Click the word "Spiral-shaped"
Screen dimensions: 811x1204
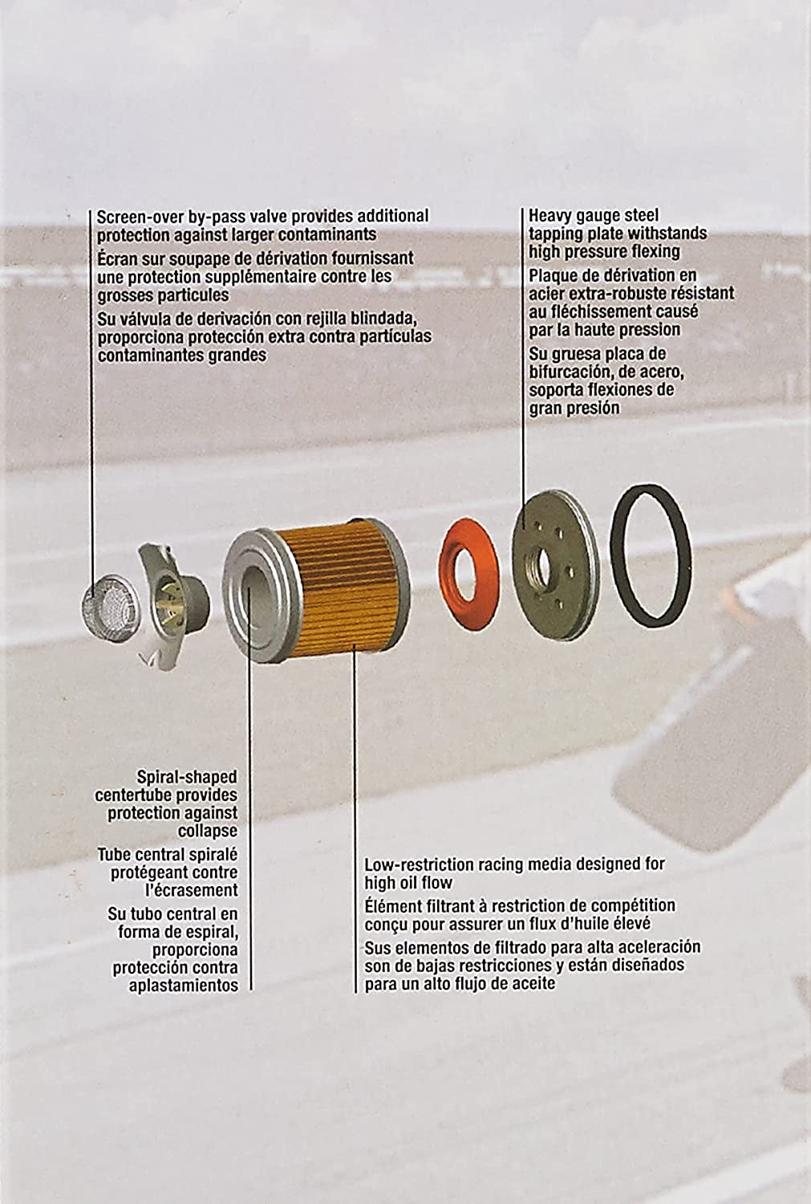(186, 777)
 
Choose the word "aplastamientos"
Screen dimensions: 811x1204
(183, 986)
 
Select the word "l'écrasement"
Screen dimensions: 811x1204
(191, 890)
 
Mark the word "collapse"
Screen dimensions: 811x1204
(207, 832)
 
